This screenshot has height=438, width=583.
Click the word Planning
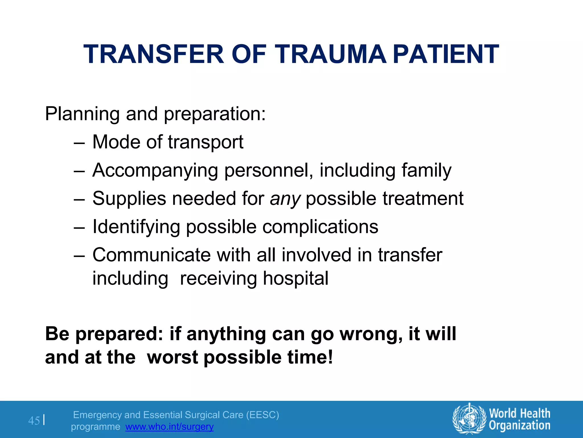(x=82, y=114)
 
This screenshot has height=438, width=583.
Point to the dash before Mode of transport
(x=79, y=143)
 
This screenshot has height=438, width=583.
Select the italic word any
(x=285, y=199)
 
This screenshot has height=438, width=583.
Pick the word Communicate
(x=151, y=255)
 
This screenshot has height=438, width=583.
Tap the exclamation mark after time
(x=330, y=357)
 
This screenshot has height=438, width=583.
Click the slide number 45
(x=34, y=421)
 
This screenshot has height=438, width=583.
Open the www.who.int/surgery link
(x=169, y=427)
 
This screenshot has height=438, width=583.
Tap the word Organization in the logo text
(x=520, y=425)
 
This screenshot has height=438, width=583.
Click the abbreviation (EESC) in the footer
(x=262, y=415)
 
